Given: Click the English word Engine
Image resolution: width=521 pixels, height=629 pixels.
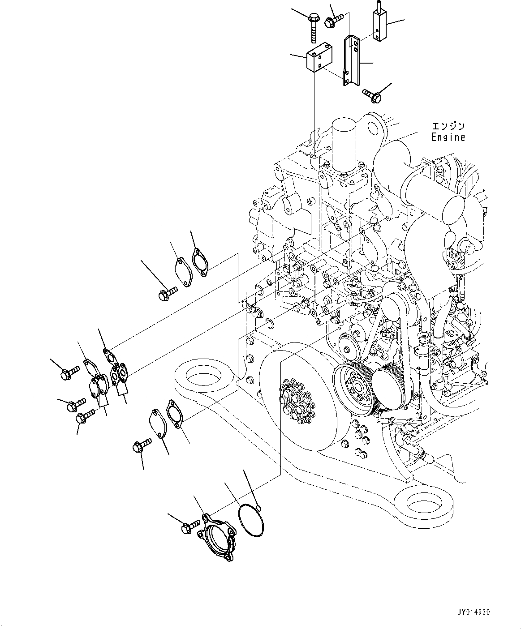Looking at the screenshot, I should point(448,137).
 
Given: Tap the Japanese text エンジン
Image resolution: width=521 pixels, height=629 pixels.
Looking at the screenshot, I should point(448,126).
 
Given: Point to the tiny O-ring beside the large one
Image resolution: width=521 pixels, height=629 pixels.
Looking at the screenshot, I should point(259,507).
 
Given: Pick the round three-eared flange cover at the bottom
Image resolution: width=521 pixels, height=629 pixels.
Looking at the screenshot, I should point(216,537).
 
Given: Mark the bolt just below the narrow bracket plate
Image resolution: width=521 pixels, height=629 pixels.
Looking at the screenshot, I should point(372,93).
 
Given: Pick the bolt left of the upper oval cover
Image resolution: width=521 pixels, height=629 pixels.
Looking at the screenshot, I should point(168,293).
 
